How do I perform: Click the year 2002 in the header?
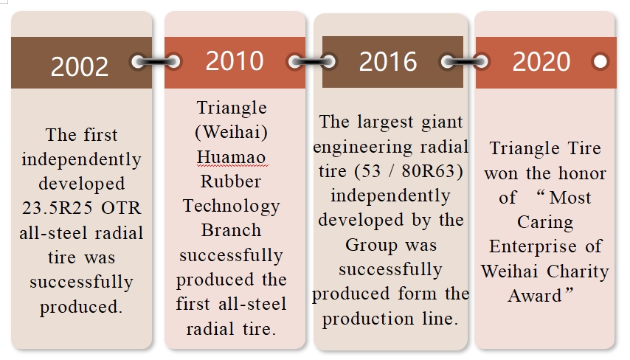(x=80, y=66)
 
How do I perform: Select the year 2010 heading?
(x=235, y=61)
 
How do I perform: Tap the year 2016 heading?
(x=388, y=61)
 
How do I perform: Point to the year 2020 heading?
(x=541, y=61)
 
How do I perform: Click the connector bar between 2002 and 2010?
(x=156, y=61)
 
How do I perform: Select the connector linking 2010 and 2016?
(x=312, y=61)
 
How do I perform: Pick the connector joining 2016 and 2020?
(x=465, y=61)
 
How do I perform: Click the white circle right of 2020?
(x=600, y=61)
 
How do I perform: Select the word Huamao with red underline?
(x=232, y=157)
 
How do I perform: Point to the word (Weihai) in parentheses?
(x=232, y=132)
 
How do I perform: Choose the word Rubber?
(x=231, y=181)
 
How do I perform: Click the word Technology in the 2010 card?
(x=232, y=206)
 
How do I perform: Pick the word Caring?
(x=545, y=222)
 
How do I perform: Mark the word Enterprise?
(x=533, y=246)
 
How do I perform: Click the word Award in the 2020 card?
(x=534, y=296)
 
